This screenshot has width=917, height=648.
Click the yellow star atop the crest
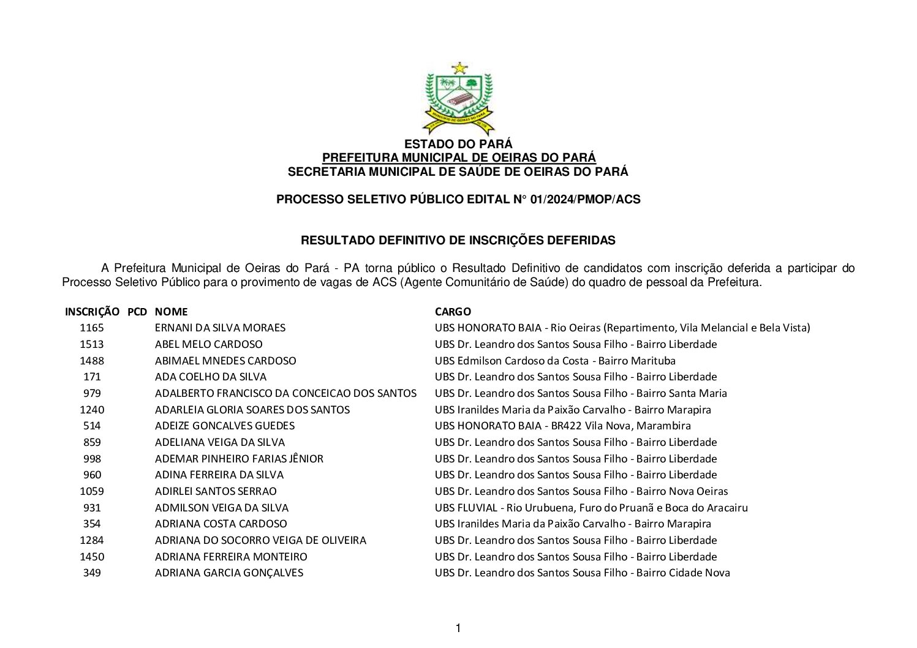[x=459, y=68]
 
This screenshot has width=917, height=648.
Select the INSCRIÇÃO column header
[x=92, y=312]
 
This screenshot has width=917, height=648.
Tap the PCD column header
[x=137, y=312]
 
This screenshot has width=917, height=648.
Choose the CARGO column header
[x=453, y=312]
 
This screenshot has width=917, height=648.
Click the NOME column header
[x=171, y=312]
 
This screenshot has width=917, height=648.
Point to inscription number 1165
[x=92, y=328]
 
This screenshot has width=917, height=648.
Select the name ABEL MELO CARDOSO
[x=208, y=344]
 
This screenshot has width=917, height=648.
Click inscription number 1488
[x=92, y=361]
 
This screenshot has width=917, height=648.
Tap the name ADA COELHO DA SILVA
[x=210, y=377]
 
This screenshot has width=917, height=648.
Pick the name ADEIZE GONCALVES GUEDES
[x=224, y=426]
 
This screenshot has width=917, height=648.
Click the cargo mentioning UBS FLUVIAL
[x=591, y=508]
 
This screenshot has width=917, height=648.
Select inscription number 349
[x=92, y=573]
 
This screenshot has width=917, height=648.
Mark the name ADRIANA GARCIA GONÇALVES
[x=228, y=573]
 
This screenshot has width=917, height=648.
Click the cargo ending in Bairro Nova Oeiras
[x=581, y=491]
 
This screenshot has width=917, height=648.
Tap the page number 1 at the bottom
[x=458, y=628]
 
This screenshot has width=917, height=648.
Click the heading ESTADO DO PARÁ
[x=458, y=145]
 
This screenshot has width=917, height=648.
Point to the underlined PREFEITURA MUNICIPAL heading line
[x=458, y=158]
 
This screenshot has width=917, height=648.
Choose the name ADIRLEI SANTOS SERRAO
[x=216, y=491]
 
